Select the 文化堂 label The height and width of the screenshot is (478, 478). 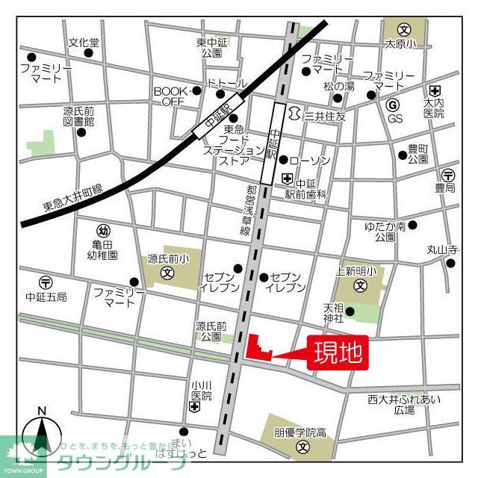click(83, 43)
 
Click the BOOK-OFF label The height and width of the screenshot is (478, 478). click(169, 96)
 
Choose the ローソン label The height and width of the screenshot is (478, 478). click(309, 161)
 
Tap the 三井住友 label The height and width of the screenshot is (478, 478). click(326, 117)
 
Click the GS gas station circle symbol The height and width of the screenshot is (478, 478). click(394, 105)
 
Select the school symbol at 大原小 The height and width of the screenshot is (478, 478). click(404, 31)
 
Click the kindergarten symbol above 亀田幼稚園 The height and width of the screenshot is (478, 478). click(103, 231)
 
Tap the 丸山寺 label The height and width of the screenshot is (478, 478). click(442, 249)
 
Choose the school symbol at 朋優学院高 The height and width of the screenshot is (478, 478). click(302, 447)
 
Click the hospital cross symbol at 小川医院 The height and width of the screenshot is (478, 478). click(195, 407)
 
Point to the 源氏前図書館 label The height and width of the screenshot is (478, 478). click(78, 116)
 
